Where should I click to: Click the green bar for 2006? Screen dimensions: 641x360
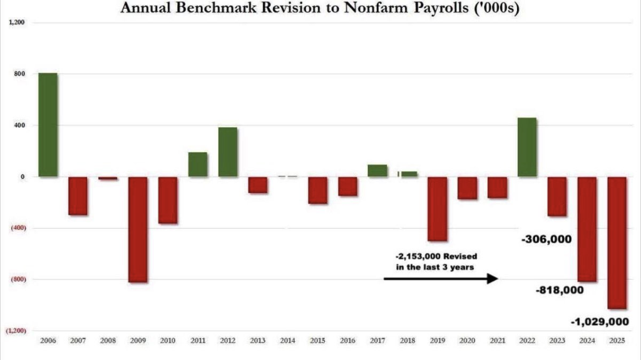(48, 125)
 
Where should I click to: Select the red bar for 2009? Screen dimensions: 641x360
(138, 230)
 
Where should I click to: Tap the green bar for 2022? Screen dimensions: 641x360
(527, 147)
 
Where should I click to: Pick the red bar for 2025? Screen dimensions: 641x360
(617, 242)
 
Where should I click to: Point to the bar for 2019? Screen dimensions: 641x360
(437, 208)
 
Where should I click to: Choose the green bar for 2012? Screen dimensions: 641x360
(228, 152)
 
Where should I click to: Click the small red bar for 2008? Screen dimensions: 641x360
(108, 178)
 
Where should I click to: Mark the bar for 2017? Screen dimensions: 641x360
(377, 170)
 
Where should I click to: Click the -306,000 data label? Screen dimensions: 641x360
(546, 239)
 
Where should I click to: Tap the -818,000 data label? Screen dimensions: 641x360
(560, 290)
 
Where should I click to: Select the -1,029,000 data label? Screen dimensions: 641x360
(600, 322)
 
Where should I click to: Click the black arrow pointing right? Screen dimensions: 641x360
(441, 279)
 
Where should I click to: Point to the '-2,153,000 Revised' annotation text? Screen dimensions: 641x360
(436, 257)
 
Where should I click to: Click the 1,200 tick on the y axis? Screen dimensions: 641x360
(17, 23)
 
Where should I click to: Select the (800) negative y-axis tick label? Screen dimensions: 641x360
(18, 279)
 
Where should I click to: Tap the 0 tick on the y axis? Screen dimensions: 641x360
(23, 177)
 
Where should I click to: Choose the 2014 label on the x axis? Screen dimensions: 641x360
(287, 341)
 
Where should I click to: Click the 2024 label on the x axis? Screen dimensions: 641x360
(587, 341)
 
